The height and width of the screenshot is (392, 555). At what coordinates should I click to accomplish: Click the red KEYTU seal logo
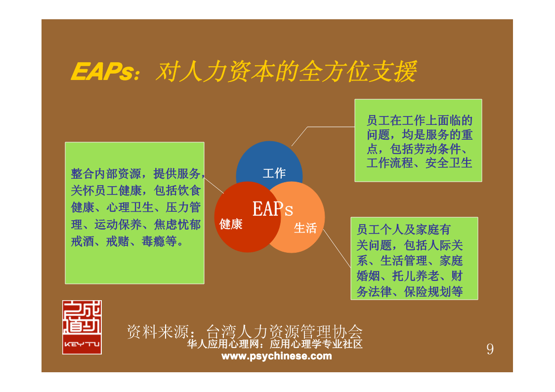(82, 327)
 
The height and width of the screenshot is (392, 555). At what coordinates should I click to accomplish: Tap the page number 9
(490, 349)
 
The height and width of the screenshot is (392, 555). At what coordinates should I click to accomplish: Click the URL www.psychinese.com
(277, 356)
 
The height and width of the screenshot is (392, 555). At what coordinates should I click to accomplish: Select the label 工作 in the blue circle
(274, 173)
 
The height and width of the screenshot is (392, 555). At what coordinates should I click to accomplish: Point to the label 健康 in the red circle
(231, 224)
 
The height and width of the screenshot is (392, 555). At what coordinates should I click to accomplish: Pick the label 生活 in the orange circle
(305, 228)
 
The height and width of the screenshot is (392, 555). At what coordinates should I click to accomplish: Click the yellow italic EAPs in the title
(103, 72)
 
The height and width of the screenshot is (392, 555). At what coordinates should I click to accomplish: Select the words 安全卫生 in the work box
(449, 163)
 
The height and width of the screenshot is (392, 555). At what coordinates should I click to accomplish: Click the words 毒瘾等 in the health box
(159, 241)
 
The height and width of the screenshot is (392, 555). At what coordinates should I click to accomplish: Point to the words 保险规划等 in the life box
(433, 292)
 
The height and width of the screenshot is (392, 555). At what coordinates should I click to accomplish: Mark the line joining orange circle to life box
(337, 248)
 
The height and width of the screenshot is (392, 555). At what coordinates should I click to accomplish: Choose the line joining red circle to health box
(214, 185)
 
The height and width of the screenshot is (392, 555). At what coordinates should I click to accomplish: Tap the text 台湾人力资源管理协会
(284, 332)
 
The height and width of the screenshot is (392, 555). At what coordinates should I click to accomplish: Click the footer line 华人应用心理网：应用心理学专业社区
(275, 344)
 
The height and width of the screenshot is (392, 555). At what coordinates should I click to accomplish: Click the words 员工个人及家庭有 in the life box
(403, 230)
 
